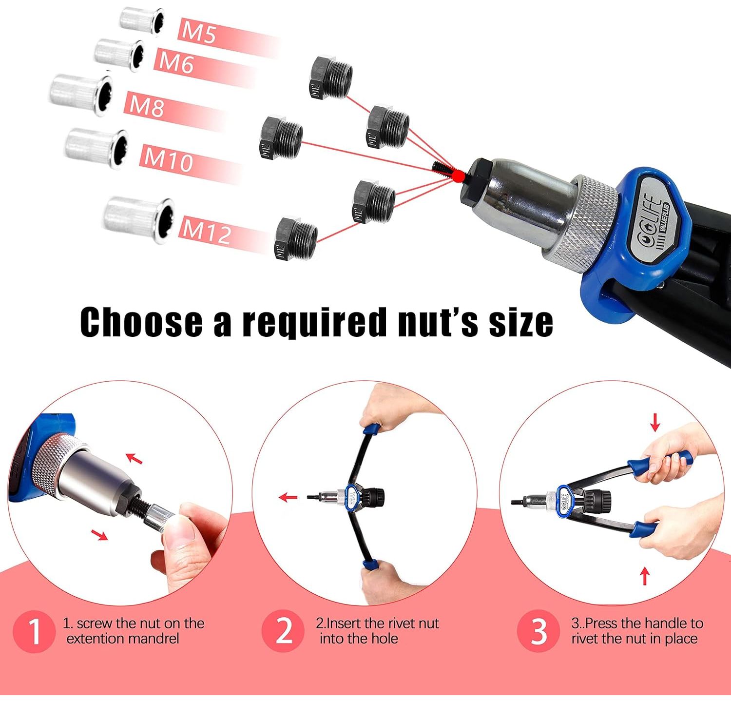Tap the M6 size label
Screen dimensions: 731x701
(x=176, y=63)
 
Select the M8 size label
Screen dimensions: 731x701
(x=146, y=105)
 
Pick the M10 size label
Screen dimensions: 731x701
(x=169, y=159)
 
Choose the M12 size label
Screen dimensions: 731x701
(x=207, y=230)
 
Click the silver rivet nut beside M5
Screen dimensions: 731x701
(x=141, y=21)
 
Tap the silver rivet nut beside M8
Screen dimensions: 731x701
(x=81, y=95)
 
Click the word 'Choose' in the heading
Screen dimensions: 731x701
(x=141, y=322)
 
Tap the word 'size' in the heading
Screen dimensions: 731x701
(x=521, y=322)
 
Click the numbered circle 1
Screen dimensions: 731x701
(x=34, y=631)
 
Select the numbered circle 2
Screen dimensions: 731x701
(x=284, y=631)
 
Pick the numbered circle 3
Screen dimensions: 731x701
(x=539, y=631)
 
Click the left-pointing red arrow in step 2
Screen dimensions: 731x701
(x=288, y=498)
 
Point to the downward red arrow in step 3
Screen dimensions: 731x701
(x=655, y=422)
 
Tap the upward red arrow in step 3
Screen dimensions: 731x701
(x=645, y=575)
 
